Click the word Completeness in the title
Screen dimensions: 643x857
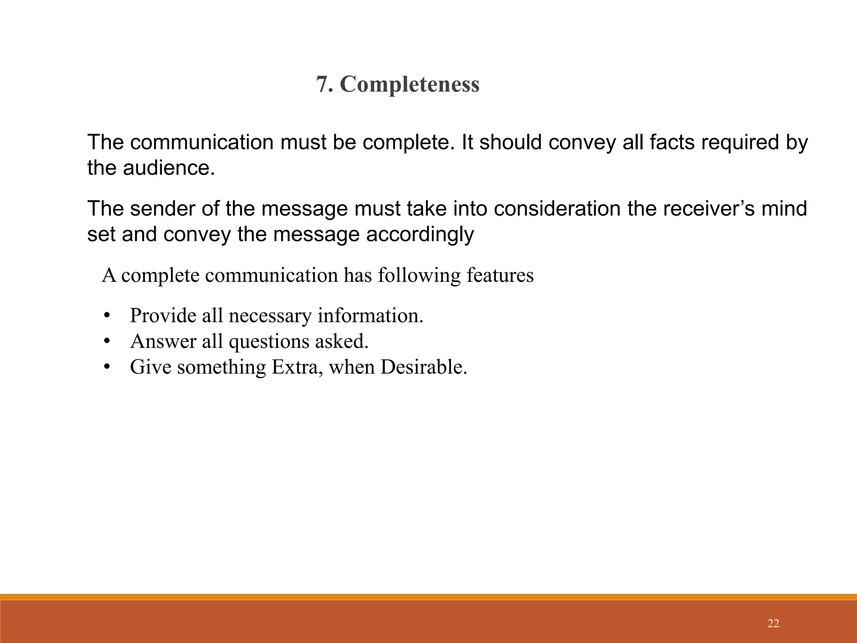coord(410,85)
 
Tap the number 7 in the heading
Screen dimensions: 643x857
coord(321,85)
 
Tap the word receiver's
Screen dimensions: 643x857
coord(697,208)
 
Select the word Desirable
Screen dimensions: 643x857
coord(423,367)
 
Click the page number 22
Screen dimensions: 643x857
coord(773,624)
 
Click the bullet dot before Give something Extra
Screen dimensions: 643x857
coord(107,368)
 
